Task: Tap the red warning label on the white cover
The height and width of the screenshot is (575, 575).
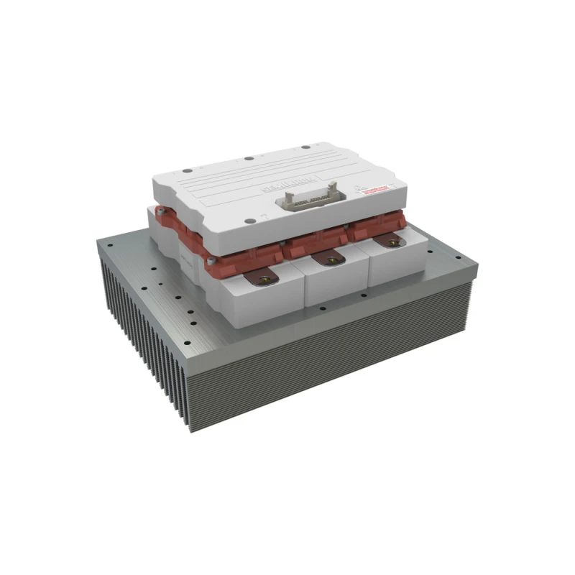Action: [x=375, y=190]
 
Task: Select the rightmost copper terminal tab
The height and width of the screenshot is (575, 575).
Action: [x=390, y=241]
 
